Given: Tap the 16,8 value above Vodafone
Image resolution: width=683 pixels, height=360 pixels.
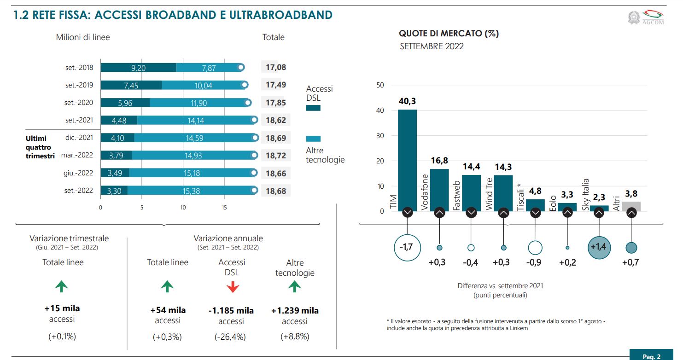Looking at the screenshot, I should coord(439,161).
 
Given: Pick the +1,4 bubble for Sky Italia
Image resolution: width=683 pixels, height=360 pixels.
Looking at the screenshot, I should coord(599,247).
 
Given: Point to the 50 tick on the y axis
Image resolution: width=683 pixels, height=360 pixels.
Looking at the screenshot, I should coord(380,85).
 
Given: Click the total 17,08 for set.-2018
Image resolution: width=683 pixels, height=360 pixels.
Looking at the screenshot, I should coord(276,68).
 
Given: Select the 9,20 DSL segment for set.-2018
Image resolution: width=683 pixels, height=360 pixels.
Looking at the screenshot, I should coord(138,68).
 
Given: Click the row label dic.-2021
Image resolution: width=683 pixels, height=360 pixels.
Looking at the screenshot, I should coord(80,138).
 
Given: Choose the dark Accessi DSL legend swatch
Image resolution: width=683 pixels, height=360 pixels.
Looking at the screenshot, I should coord(313,108).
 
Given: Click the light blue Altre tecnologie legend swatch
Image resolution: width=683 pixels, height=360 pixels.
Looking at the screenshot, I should coord(313,139).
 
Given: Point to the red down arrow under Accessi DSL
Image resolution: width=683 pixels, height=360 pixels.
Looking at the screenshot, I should coord(233,287).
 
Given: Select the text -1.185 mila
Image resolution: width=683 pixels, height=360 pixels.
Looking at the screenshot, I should coord(231,310).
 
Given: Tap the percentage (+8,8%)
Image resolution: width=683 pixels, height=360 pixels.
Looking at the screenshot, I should coord(295,337).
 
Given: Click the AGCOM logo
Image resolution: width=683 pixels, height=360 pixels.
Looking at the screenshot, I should coord(647,17).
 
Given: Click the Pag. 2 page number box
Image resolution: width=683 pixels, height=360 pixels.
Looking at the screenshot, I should coord(651,356).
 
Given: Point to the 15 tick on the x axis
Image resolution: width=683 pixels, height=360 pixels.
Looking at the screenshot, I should coord(224,208).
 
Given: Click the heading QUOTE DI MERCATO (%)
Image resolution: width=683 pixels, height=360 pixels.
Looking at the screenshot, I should coord(449,33).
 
